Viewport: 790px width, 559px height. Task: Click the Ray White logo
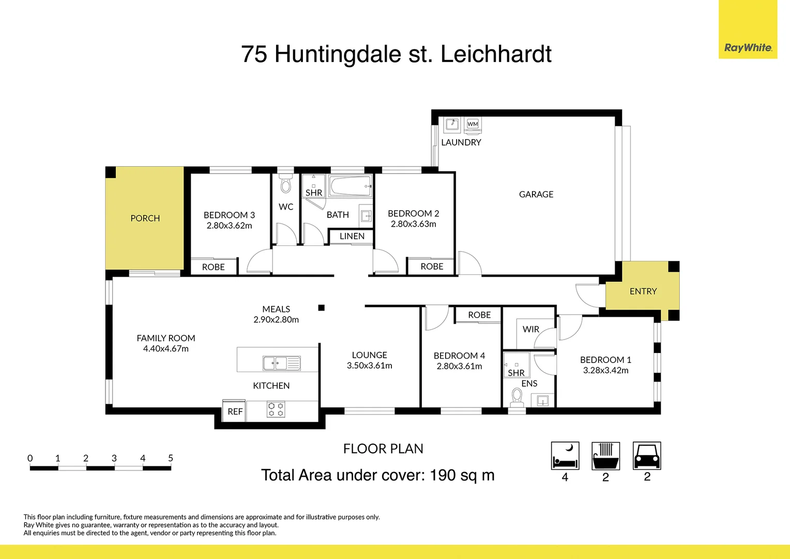748,48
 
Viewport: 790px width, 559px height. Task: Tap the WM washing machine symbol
473,124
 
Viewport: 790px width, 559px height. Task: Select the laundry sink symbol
452,124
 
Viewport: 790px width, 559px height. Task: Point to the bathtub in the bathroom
351,186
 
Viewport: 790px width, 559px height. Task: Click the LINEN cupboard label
352,236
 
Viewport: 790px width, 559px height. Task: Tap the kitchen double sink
281,363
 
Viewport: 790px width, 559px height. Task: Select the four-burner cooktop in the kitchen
276,409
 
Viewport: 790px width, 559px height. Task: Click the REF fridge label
235,411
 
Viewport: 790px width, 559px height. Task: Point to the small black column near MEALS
321,308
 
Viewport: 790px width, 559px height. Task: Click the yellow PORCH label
145,218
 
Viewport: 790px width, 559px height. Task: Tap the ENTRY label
643,291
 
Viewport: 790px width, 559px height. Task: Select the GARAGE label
536,194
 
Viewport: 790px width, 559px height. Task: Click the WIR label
530,329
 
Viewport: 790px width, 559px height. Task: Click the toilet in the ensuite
516,397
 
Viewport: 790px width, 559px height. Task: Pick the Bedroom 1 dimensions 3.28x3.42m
605,371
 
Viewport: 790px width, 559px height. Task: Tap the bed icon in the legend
565,455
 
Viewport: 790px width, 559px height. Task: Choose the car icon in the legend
647,455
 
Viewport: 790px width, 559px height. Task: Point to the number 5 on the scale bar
171,458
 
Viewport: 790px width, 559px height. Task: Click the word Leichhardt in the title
496,54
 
